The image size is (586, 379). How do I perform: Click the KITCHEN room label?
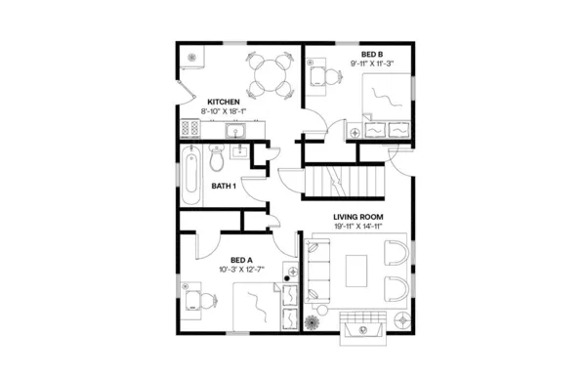tap(225, 101)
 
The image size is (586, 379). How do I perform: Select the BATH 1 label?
tap(224, 186)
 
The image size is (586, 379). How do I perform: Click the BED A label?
tap(242, 259)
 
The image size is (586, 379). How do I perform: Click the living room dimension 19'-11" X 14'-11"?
tap(356, 227)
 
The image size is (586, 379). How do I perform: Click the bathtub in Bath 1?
tap(192, 176)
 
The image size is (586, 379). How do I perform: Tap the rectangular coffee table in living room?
tap(357, 270)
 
